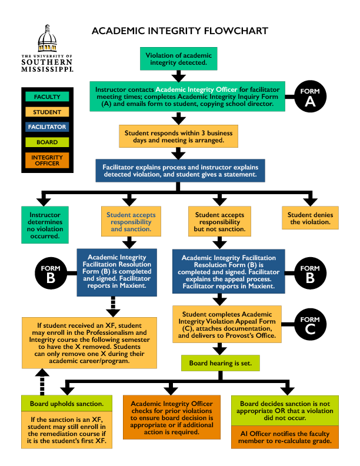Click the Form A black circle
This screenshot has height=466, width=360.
click(x=310, y=96)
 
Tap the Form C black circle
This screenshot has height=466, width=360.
click(x=310, y=324)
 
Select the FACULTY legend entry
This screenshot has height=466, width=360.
click(x=47, y=96)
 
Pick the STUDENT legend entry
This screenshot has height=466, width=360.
click(x=47, y=112)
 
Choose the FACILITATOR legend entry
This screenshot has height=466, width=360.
click(x=47, y=127)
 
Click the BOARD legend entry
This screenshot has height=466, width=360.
click(x=47, y=142)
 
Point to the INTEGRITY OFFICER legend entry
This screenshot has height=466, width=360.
click(x=47, y=160)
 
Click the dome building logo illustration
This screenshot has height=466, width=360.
click(x=47, y=38)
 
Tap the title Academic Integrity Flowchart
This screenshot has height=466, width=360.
click(x=179, y=31)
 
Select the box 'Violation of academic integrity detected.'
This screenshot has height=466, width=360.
click(x=178, y=59)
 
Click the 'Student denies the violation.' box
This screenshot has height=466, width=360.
click(x=310, y=218)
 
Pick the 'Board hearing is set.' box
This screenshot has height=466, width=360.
click(x=221, y=363)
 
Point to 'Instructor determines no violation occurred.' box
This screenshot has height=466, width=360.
click(x=45, y=225)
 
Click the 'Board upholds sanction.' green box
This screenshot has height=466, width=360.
click(x=67, y=404)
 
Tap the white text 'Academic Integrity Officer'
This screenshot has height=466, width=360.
click(x=196, y=89)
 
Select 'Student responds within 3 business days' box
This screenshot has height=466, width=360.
click(x=178, y=137)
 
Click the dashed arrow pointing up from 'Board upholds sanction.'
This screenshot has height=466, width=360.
click(x=42, y=382)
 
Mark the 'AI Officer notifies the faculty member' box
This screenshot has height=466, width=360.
click(x=285, y=437)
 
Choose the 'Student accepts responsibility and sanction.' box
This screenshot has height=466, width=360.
click(x=131, y=221)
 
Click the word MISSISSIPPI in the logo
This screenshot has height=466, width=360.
click(x=47, y=69)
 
